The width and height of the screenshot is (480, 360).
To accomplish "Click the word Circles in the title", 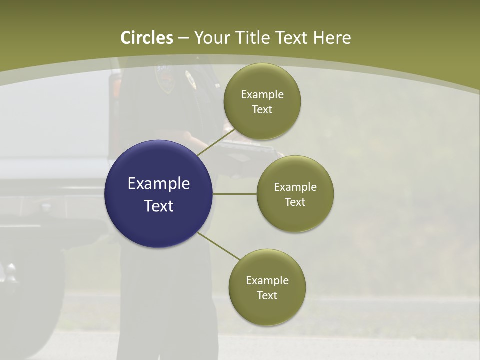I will [147, 38].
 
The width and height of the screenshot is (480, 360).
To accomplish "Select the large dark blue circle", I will [158, 194].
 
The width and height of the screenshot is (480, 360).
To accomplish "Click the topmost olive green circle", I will [262, 101].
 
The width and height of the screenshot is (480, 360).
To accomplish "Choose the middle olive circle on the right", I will [295, 194].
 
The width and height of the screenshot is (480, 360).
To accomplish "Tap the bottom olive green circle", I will [267, 287].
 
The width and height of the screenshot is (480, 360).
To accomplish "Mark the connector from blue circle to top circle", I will [215, 142].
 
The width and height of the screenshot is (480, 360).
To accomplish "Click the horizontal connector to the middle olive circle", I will [234, 194].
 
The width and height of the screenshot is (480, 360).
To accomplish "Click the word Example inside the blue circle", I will [159, 184].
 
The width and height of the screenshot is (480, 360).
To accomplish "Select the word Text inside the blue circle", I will [159, 206].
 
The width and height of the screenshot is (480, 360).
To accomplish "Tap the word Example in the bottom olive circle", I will [267, 280].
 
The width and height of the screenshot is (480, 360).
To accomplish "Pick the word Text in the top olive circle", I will [262, 109].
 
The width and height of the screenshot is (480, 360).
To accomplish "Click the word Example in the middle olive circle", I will [295, 187].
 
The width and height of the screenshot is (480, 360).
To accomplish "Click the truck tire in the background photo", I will [25, 300].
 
